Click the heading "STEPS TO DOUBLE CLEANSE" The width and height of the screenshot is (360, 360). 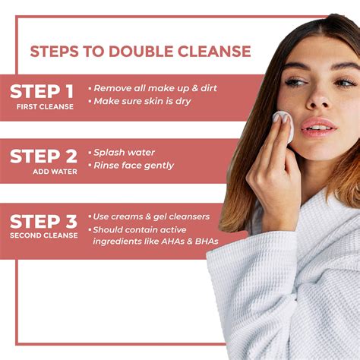[140, 52]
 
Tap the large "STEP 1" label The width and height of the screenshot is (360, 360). [43, 91]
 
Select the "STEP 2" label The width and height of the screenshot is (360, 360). [43, 156]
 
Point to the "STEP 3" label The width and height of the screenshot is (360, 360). [43, 222]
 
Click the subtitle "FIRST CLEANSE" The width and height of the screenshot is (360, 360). [46, 107]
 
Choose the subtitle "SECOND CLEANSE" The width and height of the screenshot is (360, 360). [43, 236]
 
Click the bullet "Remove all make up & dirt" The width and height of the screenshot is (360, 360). [156, 88]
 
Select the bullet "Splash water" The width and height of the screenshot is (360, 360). [122, 152]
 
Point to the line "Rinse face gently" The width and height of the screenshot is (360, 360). [133, 166]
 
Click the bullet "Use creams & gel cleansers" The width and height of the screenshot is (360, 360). [152, 216]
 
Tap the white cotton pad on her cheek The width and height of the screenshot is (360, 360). [283, 125]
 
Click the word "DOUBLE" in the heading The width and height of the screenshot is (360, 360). [144, 52]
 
